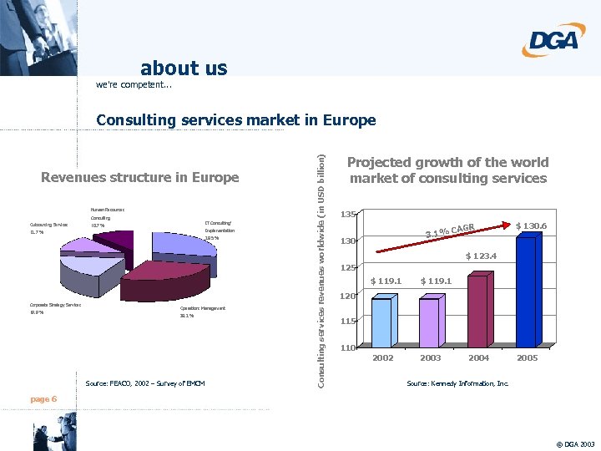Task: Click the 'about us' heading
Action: pyautogui.click(x=184, y=68)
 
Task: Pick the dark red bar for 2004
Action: pyautogui.click(x=477, y=310)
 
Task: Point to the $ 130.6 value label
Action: pyautogui.click(x=531, y=225)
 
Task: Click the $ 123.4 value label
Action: pyautogui.click(x=481, y=256)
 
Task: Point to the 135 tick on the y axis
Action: pyautogui.click(x=348, y=215)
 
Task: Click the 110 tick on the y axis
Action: pyautogui.click(x=348, y=347)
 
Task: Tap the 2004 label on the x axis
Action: pyautogui.click(x=478, y=357)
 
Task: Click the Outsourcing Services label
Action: pyautogui.click(x=48, y=225)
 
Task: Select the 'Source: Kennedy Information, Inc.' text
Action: pyautogui.click(x=457, y=383)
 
